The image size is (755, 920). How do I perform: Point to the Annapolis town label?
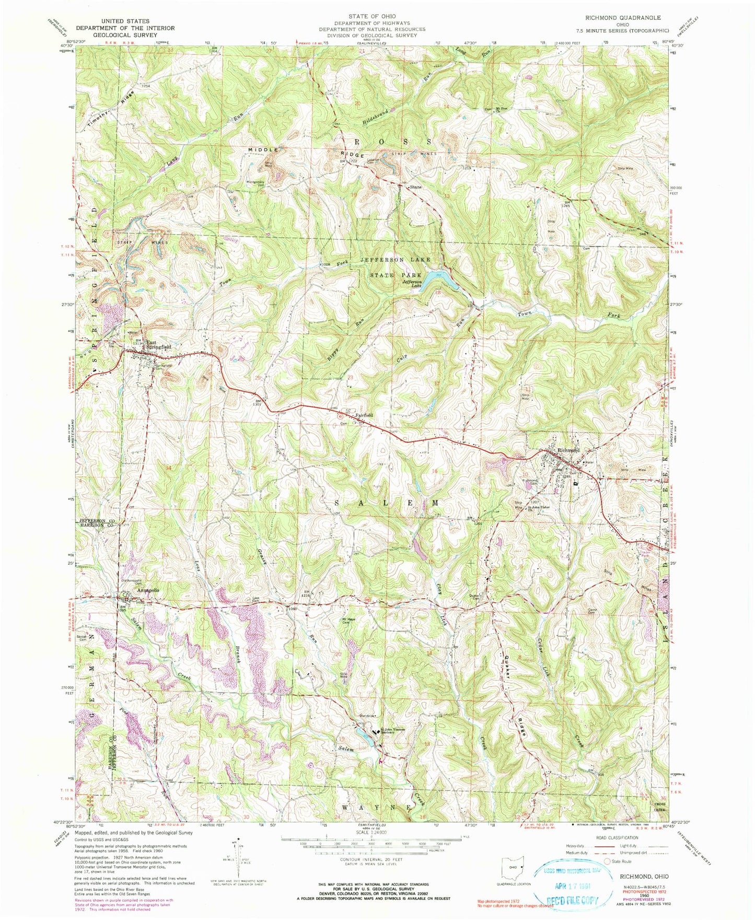[148, 590]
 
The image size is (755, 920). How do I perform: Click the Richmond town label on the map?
[569, 450]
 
